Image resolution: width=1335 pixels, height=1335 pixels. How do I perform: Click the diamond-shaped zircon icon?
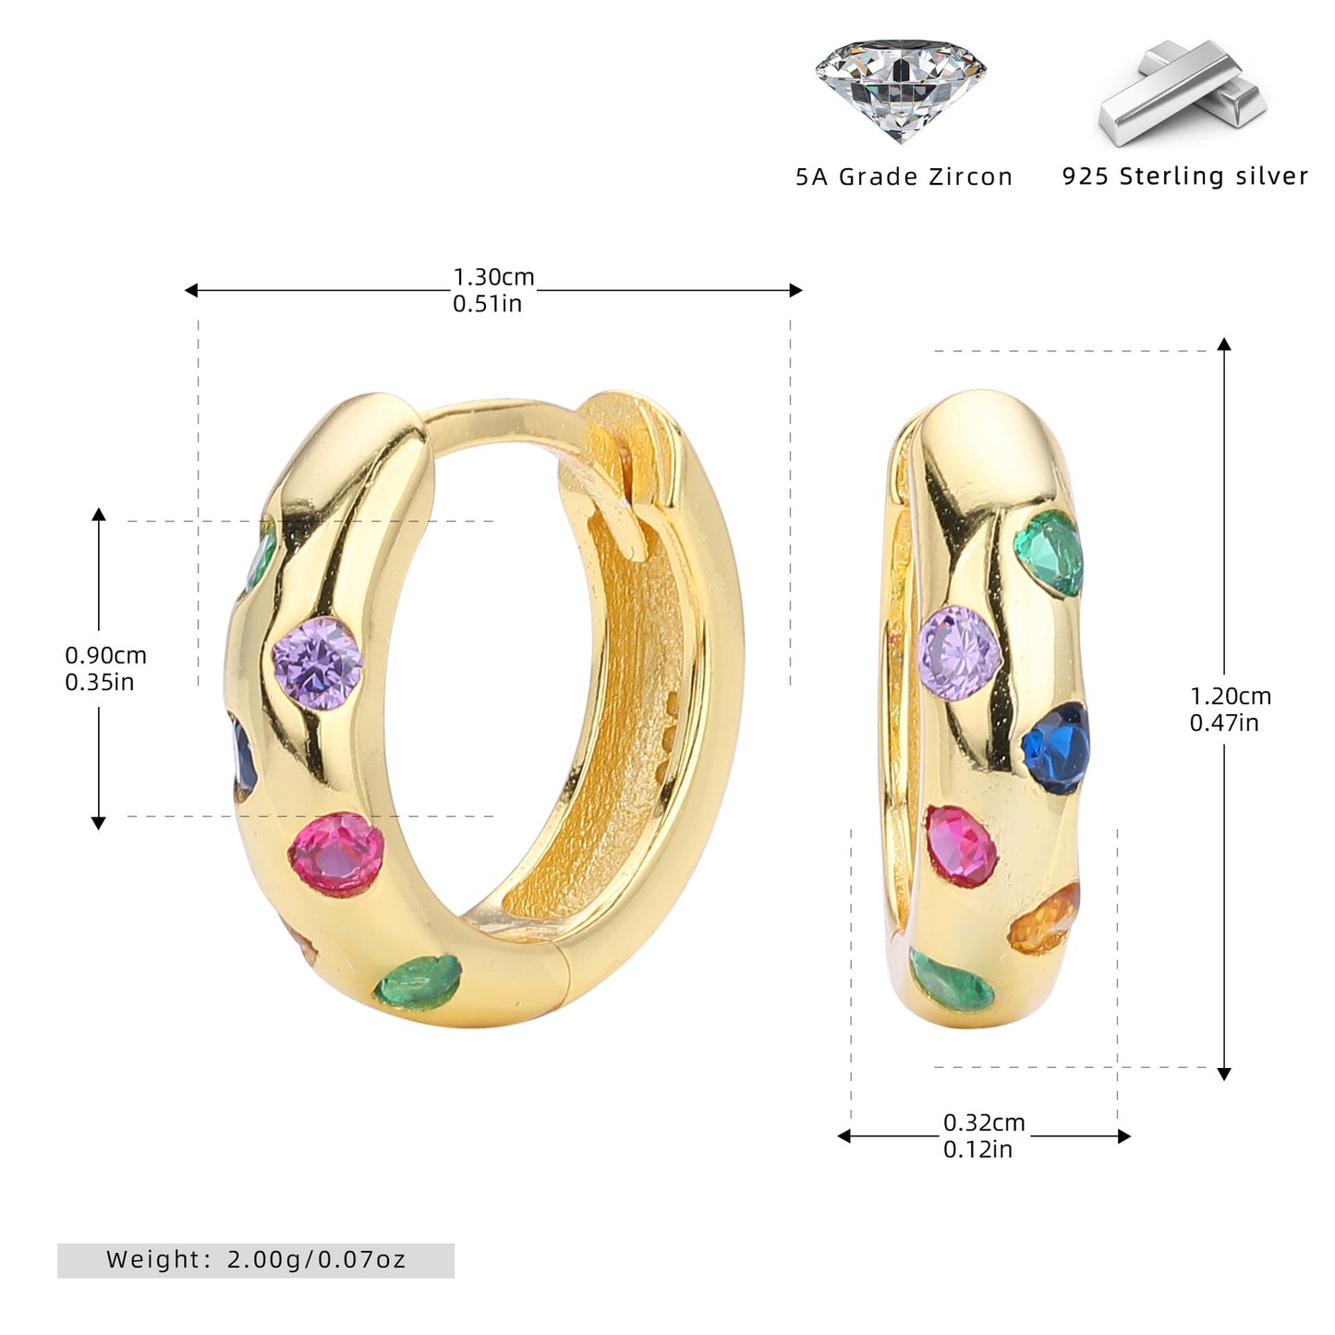coord(900,90)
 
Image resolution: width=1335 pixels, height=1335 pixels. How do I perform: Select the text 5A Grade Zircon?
coord(904,176)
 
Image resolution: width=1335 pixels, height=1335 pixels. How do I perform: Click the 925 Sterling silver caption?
coord(1184,176)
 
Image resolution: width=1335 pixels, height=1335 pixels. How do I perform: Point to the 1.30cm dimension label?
coord(493,277)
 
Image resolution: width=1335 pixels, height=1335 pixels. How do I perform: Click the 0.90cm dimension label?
coord(105,655)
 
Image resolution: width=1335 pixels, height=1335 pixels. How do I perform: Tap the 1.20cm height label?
coord(1231,696)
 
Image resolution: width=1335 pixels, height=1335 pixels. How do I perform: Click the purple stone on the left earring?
coord(318,663)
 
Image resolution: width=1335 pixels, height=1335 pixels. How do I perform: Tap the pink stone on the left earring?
coord(336,855)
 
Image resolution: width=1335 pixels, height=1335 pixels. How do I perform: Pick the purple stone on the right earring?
coord(960,652)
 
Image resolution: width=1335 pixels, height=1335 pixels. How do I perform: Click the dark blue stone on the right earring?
coord(1055,748)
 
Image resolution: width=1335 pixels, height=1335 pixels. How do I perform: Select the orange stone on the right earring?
coord(1045,919)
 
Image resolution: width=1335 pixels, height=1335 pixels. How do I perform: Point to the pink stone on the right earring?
coord(961,846)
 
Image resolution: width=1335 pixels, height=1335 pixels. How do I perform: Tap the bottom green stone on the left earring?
coord(418,982)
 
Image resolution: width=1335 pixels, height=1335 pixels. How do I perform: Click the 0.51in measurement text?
coord(487,303)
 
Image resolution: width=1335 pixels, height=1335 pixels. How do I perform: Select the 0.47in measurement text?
coord(1224,722)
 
